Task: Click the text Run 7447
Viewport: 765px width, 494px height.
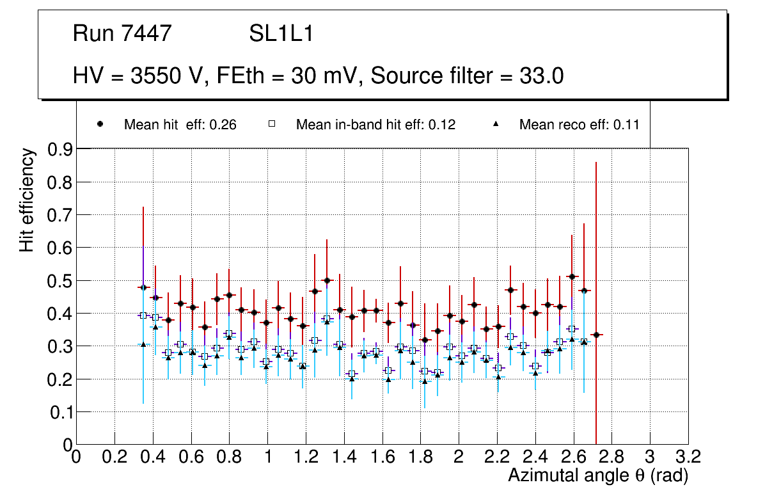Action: tap(122, 34)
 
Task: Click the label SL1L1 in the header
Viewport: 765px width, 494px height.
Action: tap(281, 34)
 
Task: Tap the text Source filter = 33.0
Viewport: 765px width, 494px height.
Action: tap(467, 76)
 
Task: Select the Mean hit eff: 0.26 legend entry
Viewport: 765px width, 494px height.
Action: tap(180, 125)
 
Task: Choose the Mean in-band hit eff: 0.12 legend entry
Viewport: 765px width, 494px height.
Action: tap(375, 125)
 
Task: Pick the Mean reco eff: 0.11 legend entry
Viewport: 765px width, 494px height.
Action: tap(579, 125)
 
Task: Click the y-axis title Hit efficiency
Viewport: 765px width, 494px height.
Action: tap(27, 200)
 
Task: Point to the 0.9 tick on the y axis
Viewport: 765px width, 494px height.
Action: tap(61, 149)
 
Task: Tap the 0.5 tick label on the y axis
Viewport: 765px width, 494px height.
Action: tap(61, 281)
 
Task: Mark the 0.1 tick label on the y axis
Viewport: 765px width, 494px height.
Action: tap(61, 412)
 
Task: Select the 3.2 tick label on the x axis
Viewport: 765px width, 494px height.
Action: tap(688, 457)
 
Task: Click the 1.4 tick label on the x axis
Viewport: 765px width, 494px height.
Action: tap(344, 457)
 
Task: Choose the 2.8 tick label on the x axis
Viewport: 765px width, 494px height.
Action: tap(611, 457)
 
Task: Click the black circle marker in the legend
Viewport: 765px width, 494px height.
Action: tap(100, 124)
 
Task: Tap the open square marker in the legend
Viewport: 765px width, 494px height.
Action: tap(271, 124)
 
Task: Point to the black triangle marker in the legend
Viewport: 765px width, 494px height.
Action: tap(496, 124)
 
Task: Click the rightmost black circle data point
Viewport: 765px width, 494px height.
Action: tap(596, 335)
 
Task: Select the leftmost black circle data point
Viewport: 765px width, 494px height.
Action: tap(143, 287)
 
